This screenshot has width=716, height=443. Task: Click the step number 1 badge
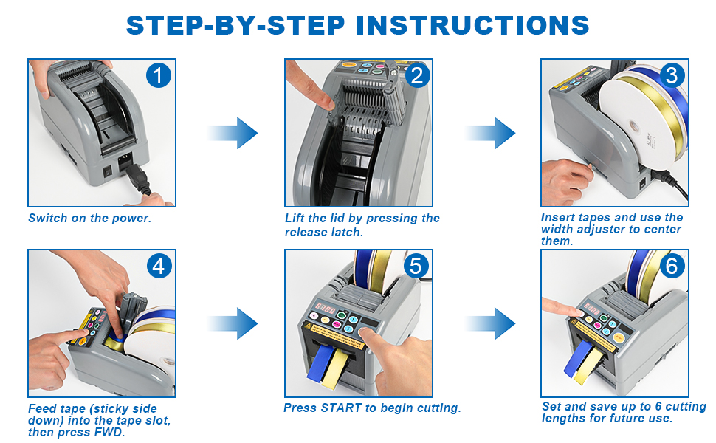point(158,76)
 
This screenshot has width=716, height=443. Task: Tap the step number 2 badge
point(416,75)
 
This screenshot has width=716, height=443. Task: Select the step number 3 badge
point(671,75)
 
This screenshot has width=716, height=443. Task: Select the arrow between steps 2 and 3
point(490,133)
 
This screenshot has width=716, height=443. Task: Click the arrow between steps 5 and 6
point(490,323)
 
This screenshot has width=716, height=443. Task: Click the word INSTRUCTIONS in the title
point(472,24)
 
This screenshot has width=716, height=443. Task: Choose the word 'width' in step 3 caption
point(558,230)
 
